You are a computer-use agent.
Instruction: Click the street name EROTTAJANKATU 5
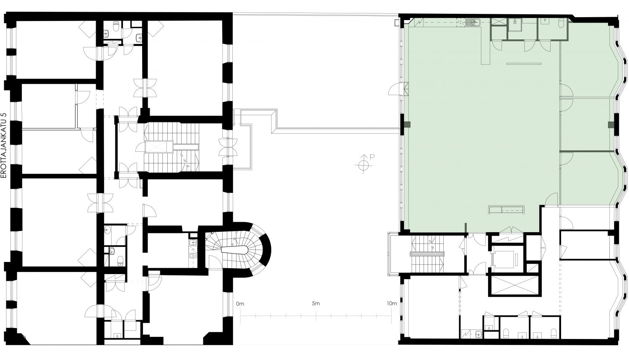pyautogui.click(x=3, y=145)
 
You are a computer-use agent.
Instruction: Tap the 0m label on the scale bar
pyautogui.click(x=240, y=303)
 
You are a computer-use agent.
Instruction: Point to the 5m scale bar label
pyautogui.click(x=316, y=303)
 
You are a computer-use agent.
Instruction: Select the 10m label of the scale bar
pyautogui.click(x=392, y=303)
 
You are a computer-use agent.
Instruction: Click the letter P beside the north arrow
pyautogui.click(x=372, y=157)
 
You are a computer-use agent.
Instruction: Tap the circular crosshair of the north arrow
pyautogui.click(x=364, y=165)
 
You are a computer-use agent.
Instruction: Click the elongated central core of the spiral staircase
pyautogui.click(x=235, y=249)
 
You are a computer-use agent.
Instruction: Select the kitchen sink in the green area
pyautogui.click(x=473, y=22)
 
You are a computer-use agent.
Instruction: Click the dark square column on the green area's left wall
pyautogui.click(x=407, y=124)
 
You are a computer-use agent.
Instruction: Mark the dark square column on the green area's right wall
pyautogui.click(x=611, y=124)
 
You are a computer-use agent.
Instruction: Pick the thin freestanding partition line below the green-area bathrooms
pyautogui.click(x=524, y=64)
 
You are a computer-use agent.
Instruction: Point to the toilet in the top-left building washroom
pyautogui.click(x=116, y=26)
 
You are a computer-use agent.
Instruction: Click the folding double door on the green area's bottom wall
pyautogui.click(x=512, y=230)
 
